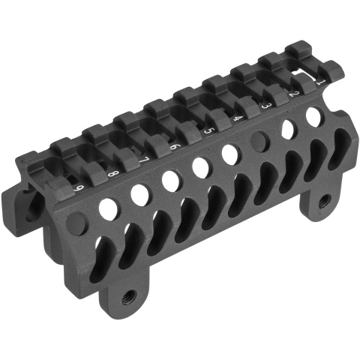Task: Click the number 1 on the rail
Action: point(321,82)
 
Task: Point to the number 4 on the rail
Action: point(237,118)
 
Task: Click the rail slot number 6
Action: point(175,146)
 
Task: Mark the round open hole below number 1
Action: point(314,115)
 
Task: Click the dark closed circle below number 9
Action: point(76,223)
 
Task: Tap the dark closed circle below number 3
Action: point(261,140)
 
